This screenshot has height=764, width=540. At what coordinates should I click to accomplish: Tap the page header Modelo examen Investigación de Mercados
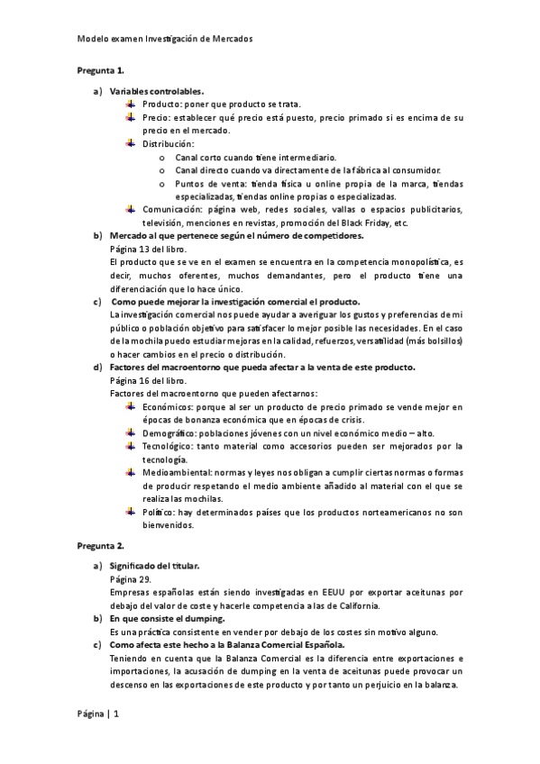[x=163, y=40]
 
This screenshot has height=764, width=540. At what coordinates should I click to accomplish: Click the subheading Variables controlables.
[x=156, y=92]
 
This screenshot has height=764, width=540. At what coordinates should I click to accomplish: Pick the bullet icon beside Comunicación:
[x=131, y=209]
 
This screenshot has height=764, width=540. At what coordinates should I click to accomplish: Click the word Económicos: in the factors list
[x=167, y=407]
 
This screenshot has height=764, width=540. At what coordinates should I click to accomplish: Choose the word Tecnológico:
[x=167, y=446]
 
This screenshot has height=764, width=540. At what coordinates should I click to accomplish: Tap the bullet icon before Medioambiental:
[x=131, y=471]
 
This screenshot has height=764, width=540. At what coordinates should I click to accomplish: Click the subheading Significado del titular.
[x=154, y=566]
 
